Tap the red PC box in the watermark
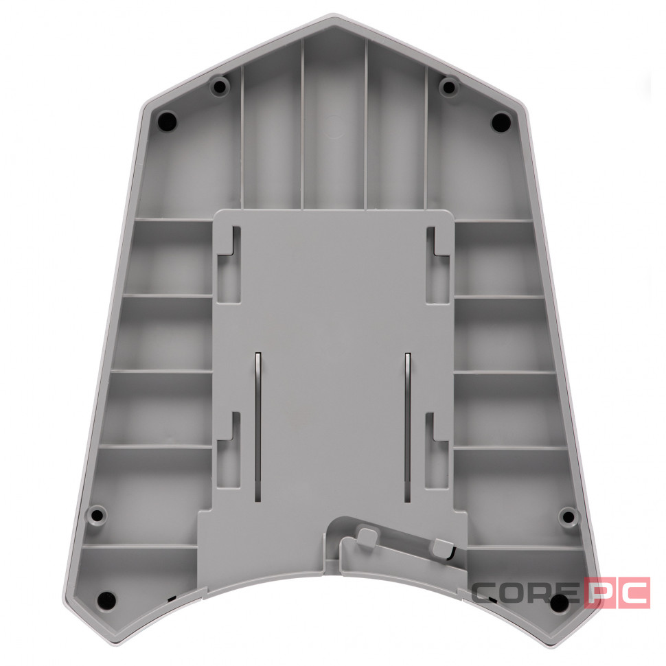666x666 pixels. point(617,593)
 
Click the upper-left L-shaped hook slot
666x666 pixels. point(229,264)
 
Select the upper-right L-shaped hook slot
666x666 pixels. point(438,265)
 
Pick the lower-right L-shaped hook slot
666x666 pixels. point(437,450)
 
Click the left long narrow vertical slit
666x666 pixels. point(258,427)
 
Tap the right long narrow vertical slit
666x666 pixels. point(408,427)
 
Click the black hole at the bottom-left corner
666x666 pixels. point(106,599)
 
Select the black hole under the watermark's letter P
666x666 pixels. point(560,601)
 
